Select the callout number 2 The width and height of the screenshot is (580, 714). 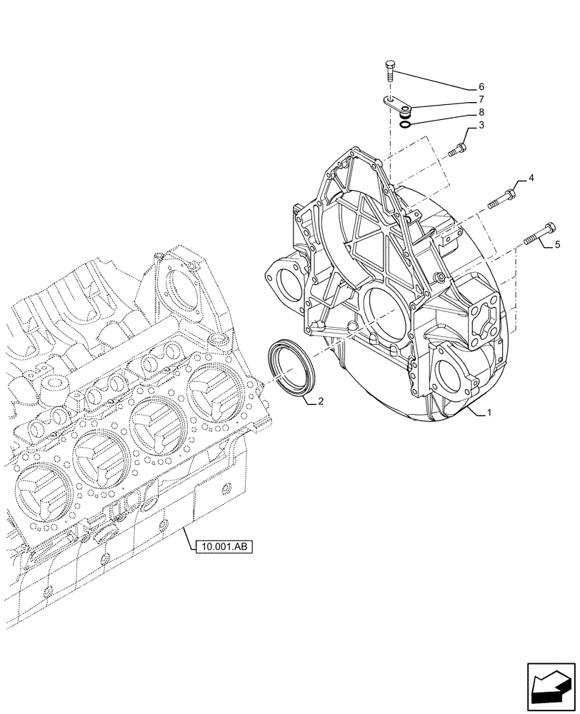pos(321,401)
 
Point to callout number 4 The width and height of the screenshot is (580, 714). pos(531,176)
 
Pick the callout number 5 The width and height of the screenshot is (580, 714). pos(557,245)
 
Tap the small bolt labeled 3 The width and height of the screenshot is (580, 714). pos(458,150)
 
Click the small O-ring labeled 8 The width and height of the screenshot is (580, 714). pos(405,125)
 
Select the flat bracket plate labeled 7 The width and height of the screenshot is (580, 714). pos(396,106)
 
